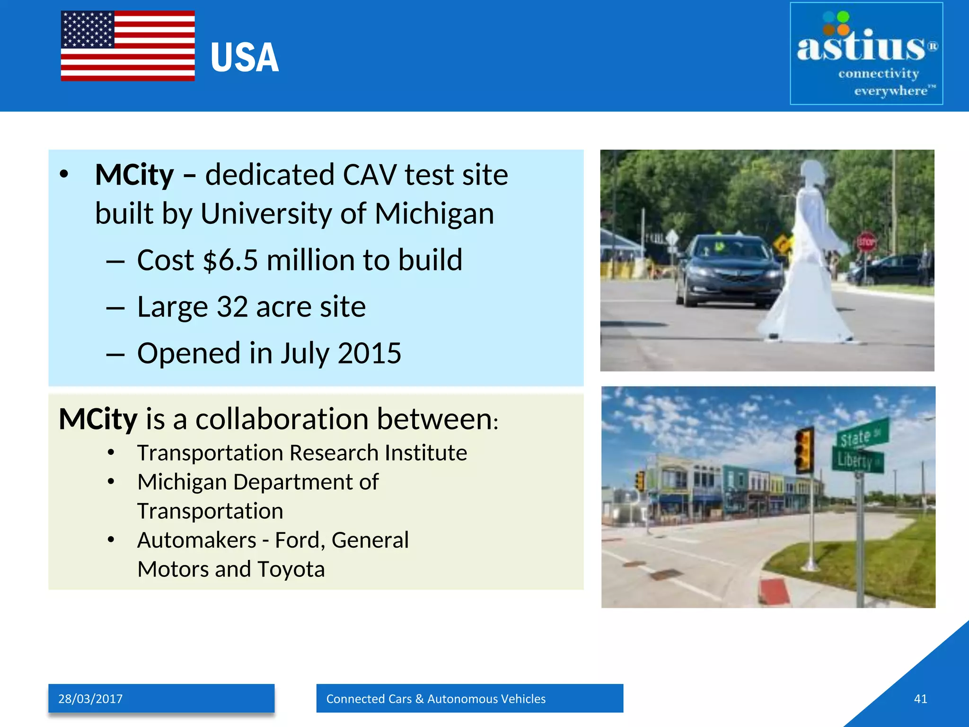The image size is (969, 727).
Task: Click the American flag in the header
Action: (x=128, y=46)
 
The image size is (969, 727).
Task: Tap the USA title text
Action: (x=245, y=58)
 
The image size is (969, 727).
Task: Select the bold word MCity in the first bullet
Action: (x=134, y=175)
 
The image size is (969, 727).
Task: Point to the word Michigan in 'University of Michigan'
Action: (x=434, y=213)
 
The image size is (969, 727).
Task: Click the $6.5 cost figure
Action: (x=230, y=260)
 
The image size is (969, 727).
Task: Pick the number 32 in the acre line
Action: (x=232, y=307)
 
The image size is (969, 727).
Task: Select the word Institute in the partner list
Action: (x=426, y=453)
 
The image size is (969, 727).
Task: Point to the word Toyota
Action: (x=291, y=569)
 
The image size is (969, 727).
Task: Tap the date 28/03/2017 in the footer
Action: (x=90, y=699)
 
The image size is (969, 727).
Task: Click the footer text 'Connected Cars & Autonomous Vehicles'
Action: (x=436, y=699)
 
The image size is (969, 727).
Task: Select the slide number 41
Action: (x=920, y=699)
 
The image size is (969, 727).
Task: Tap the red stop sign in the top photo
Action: (x=866, y=242)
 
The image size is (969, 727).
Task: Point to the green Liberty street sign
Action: (x=857, y=460)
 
